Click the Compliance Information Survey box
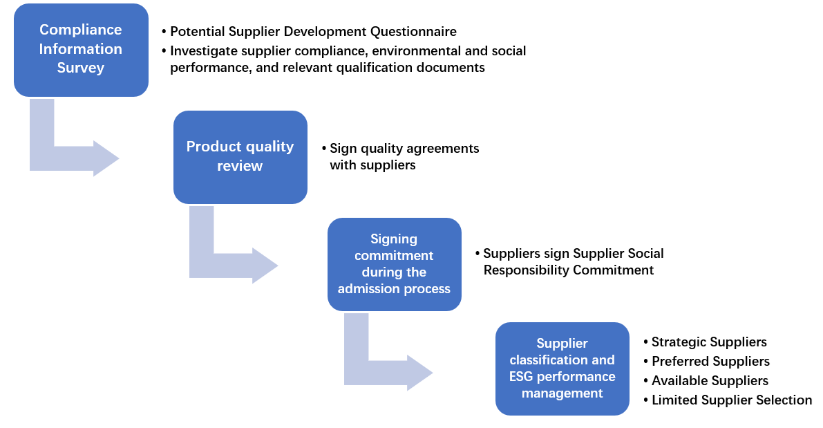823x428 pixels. [81, 50]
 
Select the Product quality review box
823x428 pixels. [240, 157]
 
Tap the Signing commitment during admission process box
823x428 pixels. [394, 264]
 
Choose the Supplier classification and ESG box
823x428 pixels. [562, 369]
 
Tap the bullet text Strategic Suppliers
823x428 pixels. [709, 342]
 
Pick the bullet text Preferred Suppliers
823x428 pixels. [710, 362]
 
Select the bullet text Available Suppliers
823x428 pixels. [710, 381]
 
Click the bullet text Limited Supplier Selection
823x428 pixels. [732, 400]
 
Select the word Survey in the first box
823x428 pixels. [81, 68]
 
